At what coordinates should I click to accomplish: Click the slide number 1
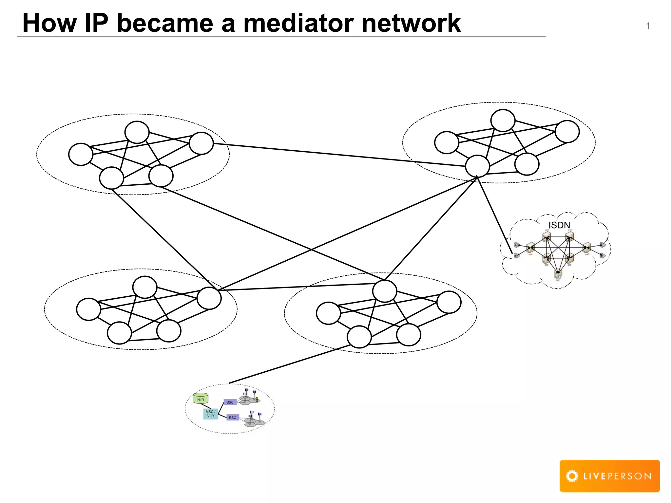pyautogui.click(x=648, y=26)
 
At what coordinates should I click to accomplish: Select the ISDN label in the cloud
pyautogui.click(x=559, y=225)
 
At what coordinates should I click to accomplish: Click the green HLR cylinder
pyautogui.click(x=201, y=398)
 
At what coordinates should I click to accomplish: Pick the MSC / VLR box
pyautogui.click(x=210, y=414)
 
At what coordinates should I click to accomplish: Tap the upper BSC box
pyautogui.click(x=230, y=402)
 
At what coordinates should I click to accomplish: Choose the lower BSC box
pyautogui.click(x=233, y=418)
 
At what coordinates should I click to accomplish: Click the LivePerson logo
pyautogui.click(x=609, y=476)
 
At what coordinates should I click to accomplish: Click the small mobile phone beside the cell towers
pyautogui.click(x=257, y=399)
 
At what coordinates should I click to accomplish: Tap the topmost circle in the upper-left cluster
pyautogui.click(x=137, y=132)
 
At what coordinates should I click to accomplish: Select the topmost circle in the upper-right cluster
pyautogui.click(x=503, y=121)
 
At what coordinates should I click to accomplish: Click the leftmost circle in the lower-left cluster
pyautogui.click(x=88, y=309)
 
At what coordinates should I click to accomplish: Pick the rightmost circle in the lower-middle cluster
pyautogui.click(x=449, y=302)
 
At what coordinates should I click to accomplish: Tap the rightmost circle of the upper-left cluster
pyautogui.click(x=201, y=143)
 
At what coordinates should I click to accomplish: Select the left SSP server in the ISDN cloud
pyautogui.click(x=530, y=248)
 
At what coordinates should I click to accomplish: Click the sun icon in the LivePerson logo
pyautogui.click(x=572, y=476)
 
